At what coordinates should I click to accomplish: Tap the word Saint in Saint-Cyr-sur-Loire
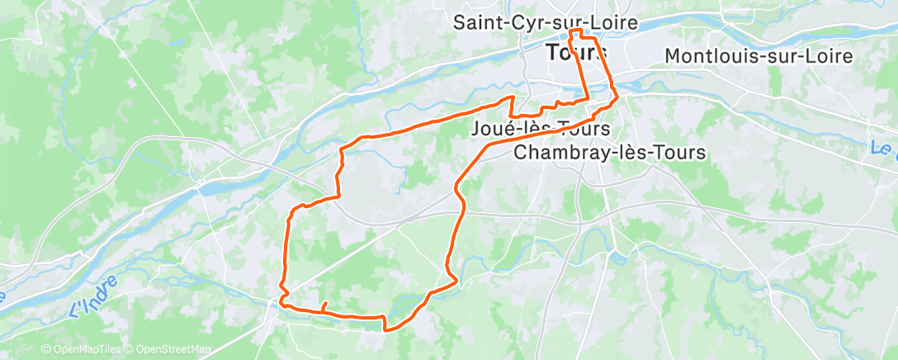[x=476, y=23]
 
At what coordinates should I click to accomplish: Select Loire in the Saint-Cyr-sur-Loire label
[x=614, y=23]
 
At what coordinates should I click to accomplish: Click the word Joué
[x=490, y=130]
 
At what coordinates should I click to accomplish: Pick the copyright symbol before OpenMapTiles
[x=46, y=350]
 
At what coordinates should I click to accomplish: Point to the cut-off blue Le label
[x=885, y=150]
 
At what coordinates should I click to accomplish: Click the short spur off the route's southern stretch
[x=324, y=306]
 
